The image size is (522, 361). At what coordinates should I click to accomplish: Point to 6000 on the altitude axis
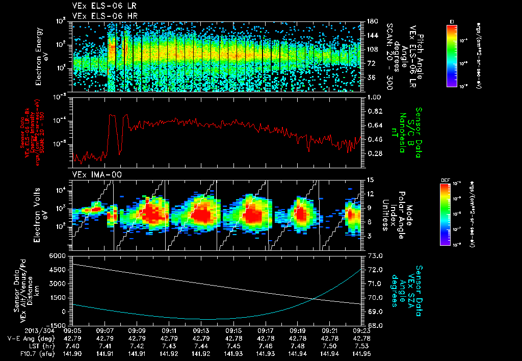point(58,255)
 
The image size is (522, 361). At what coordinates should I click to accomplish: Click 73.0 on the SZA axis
point(375,255)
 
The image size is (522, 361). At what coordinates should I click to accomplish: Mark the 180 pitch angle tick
point(372,21)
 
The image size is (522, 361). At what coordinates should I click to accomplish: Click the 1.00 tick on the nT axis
point(374,97)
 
